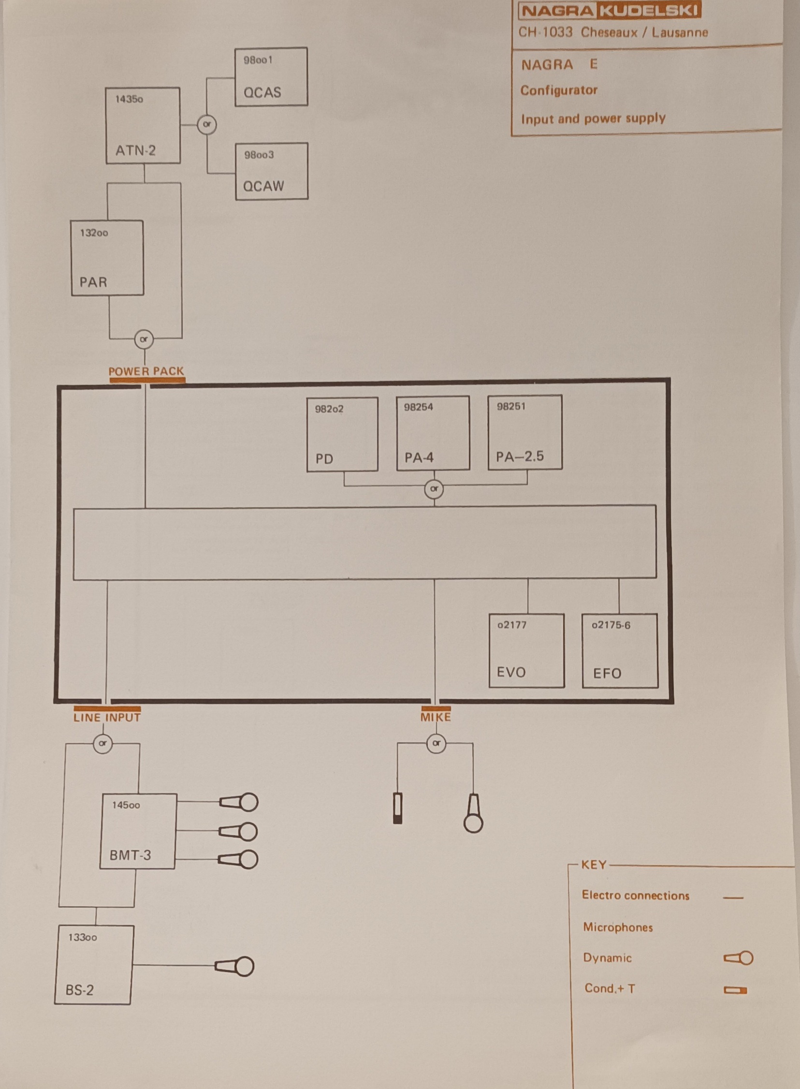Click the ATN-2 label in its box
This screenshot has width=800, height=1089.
tap(136, 151)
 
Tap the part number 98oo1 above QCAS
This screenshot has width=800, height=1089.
tap(258, 60)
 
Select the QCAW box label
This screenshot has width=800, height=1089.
tap(263, 186)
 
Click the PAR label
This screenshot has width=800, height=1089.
tap(93, 282)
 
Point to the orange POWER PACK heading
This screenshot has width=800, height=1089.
tap(146, 371)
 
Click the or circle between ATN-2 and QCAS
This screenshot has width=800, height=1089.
tap(207, 124)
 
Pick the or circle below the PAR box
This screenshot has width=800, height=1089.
tap(144, 339)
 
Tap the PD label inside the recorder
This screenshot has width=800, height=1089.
tap(324, 459)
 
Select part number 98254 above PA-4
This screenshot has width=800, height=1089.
tap(419, 407)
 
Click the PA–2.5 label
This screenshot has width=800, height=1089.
tap(520, 456)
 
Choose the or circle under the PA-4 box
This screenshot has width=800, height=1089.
tap(434, 489)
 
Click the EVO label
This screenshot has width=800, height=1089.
tap(511, 672)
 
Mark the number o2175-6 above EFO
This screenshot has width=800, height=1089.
tap(611, 625)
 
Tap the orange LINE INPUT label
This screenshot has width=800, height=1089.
tap(107, 718)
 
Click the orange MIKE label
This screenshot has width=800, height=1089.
tap(436, 717)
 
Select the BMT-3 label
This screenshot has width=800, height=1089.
tap(130, 855)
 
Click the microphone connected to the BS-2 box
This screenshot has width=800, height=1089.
tap(235, 967)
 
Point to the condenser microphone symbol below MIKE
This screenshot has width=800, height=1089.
tap(397, 809)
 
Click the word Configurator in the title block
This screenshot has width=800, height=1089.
tap(559, 90)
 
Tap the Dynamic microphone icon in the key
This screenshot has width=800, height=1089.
tap(739, 958)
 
